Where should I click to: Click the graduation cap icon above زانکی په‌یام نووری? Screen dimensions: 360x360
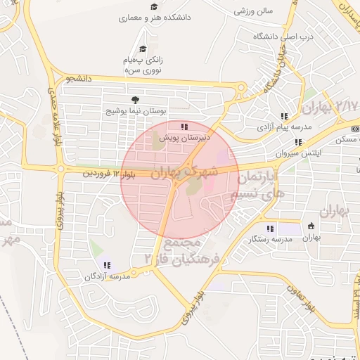(x=143, y=49)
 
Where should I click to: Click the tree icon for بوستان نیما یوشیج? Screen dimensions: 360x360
(x=134, y=100)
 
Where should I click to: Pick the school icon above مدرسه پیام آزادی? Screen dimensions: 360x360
(x=283, y=116)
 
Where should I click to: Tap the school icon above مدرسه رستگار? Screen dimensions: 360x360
(x=270, y=228)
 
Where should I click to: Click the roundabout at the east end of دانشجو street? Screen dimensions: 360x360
(x=240, y=88)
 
